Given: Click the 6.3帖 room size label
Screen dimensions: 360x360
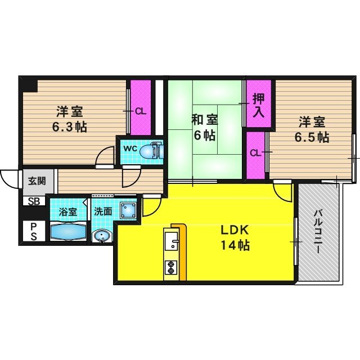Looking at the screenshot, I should coord(70,126).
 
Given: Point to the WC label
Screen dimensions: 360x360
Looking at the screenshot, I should coord(130,148).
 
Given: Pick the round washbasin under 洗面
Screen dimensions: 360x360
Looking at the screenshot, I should coord(102,237).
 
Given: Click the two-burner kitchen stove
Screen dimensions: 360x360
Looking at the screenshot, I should coord(170,268).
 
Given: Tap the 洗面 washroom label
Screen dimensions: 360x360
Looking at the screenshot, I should coord(102,211).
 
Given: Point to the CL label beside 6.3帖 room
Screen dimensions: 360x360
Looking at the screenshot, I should coord(141,111).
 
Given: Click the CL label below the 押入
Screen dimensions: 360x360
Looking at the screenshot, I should coord(255,153).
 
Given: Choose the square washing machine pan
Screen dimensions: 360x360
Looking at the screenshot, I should coord(129,210).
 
